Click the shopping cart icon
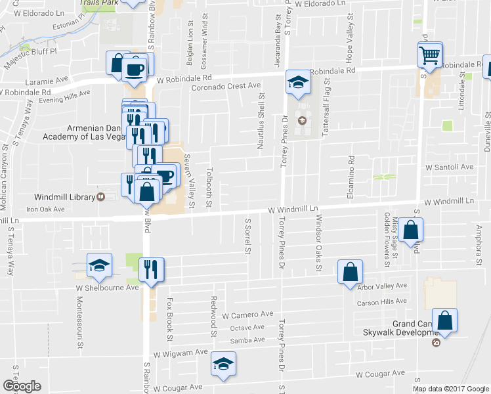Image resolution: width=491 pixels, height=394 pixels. (x=429, y=55)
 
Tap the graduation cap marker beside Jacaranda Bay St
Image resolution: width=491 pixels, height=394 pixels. (x=298, y=81)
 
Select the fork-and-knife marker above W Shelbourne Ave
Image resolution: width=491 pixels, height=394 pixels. (x=152, y=269)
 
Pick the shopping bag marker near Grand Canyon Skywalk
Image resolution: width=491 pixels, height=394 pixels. (x=444, y=320)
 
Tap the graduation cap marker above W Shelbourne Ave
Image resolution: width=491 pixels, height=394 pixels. (x=99, y=265)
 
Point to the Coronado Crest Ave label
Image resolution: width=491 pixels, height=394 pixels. (x=226, y=87)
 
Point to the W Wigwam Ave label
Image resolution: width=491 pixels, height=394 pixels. (x=181, y=353)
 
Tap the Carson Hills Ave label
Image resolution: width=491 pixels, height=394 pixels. (x=382, y=302)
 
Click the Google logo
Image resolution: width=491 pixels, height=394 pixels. (x=22, y=386)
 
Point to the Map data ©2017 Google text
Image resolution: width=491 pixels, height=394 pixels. (x=450, y=389)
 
